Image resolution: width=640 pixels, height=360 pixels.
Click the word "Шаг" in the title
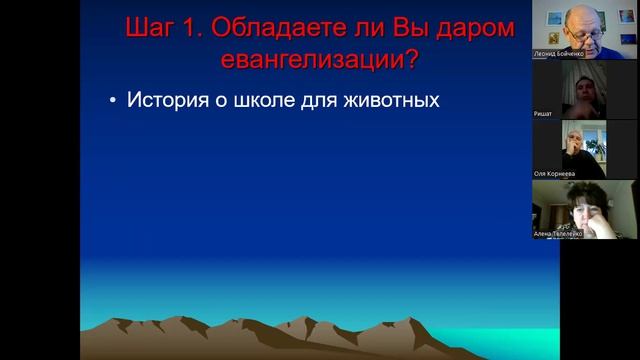[151, 28]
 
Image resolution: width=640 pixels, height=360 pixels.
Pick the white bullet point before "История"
[113, 101]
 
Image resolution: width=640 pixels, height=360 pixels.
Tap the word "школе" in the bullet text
[278, 100]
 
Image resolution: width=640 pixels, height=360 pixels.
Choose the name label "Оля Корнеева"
[555, 173]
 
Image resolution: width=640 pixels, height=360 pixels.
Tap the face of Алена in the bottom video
[585, 207]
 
